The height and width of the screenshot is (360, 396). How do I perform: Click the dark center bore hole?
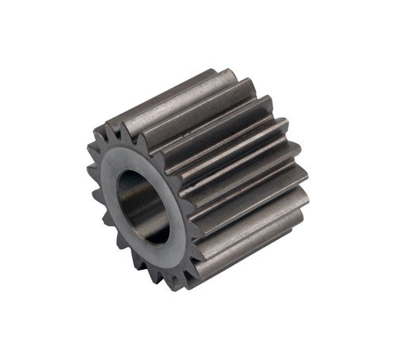pyautogui.click(x=143, y=208)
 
